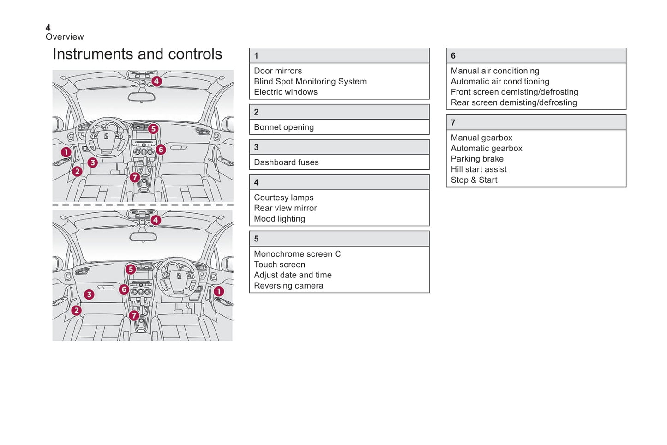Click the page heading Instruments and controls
[137, 54]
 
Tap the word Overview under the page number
[65, 37]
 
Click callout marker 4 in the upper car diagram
[156, 81]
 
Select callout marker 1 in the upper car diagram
[66, 152]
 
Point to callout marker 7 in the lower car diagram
[134, 315]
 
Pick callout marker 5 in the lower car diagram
[131, 269]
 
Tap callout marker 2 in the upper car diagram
[77, 172]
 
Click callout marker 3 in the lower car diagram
[89, 295]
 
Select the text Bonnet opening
[284, 127]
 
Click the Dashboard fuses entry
[286, 162]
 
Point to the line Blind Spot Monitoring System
[310, 81]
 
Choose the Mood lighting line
[279, 219]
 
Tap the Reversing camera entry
[288, 286]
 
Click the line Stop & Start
[474, 180]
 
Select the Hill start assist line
[479, 169]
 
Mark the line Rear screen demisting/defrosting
[514, 102]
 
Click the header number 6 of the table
[453, 56]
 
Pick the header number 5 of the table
[256, 239]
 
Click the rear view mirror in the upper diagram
[142, 97]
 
